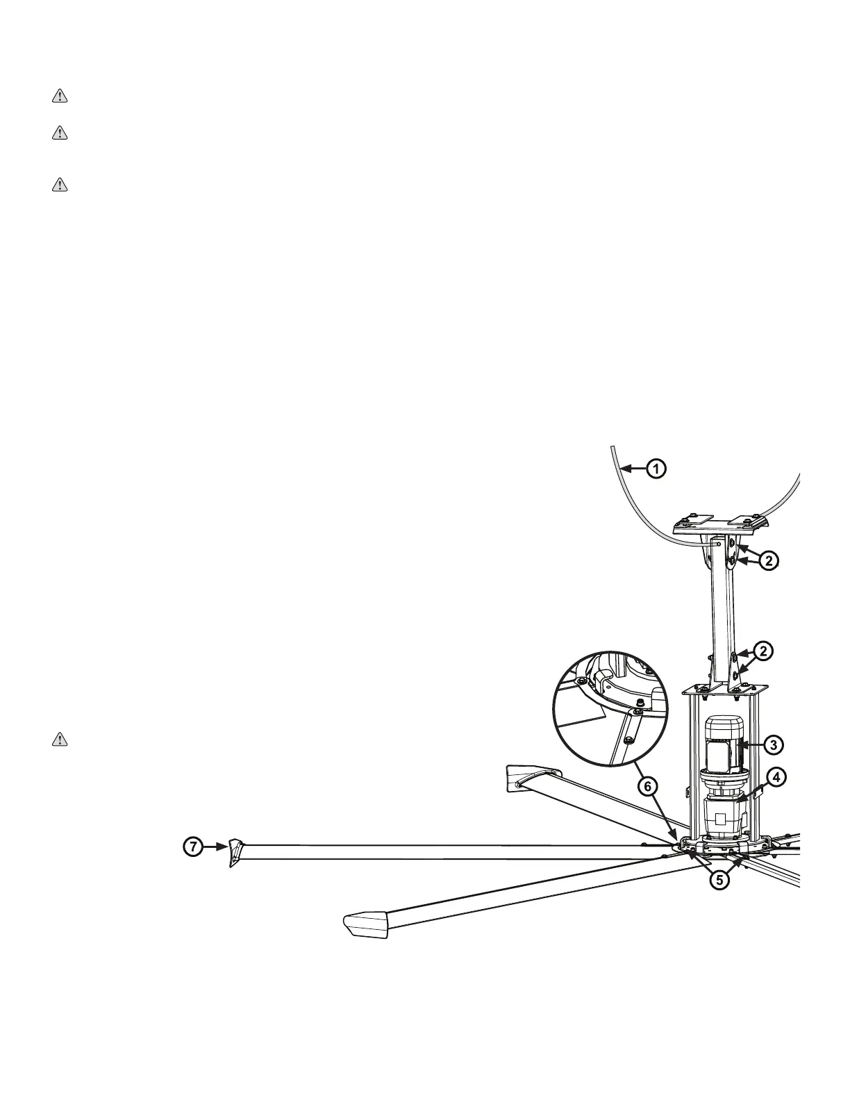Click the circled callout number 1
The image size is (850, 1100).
point(656,469)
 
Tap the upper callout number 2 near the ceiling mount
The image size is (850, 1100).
point(767,560)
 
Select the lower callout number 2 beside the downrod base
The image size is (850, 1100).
point(762,651)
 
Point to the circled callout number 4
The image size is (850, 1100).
point(775,778)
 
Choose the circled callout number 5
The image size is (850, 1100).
point(719,879)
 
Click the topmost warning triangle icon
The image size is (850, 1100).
point(60,97)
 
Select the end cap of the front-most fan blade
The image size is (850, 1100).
point(365,926)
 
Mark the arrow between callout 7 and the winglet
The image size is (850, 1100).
point(212,847)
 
